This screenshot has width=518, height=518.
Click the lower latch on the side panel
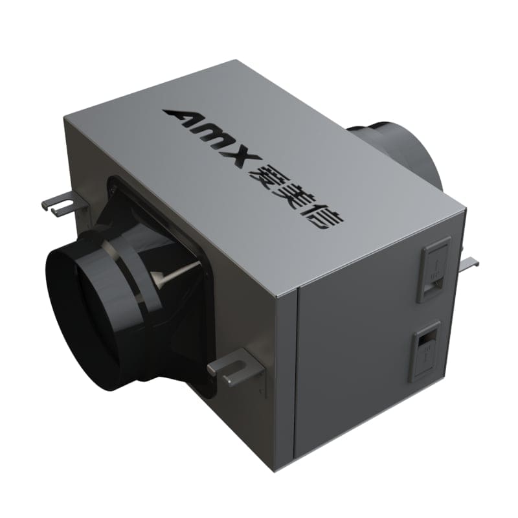[428, 350]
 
